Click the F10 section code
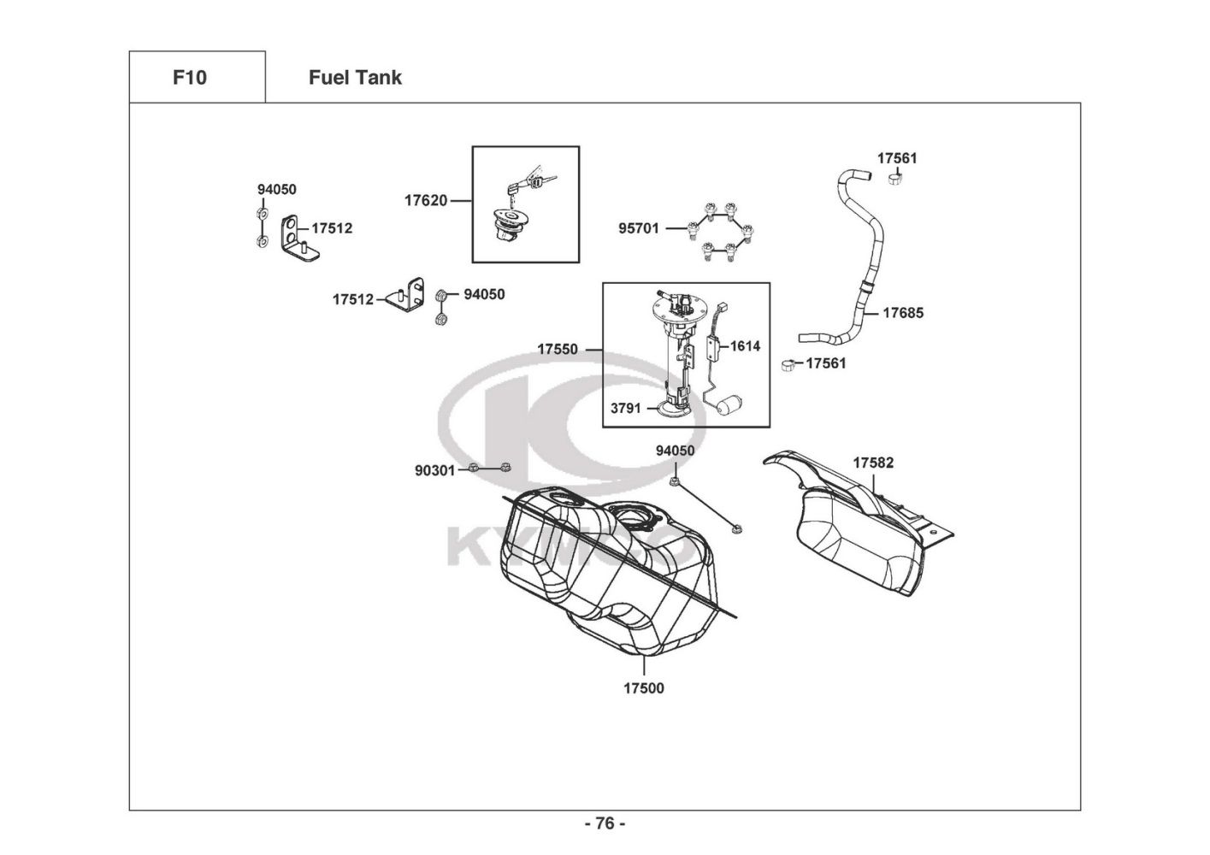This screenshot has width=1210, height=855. (x=190, y=78)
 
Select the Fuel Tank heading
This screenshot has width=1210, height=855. (x=355, y=78)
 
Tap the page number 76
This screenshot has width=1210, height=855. (x=605, y=823)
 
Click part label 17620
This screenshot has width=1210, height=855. (x=426, y=201)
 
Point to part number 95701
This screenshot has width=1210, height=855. (x=639, y=229)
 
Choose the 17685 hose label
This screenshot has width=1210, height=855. (x=903, y=313)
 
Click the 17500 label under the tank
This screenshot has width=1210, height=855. (x=644, y=688)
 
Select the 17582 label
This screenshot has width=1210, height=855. (x=873, y=463)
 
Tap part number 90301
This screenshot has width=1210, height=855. (x=435, y=471)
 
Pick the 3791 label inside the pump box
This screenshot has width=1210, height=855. (x=626, y=409)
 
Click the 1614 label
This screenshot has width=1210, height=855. (x=745, y=346)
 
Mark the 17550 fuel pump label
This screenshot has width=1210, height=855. (x=558, y=350)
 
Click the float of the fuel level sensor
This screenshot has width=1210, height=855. (x=729, y=404)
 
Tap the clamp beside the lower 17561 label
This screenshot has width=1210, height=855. (x=788, y=365)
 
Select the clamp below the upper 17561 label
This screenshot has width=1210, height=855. (x=895, y=178)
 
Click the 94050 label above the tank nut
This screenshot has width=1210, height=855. (x=676, y=451)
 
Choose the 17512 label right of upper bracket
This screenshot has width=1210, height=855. (x=332, y=228)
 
